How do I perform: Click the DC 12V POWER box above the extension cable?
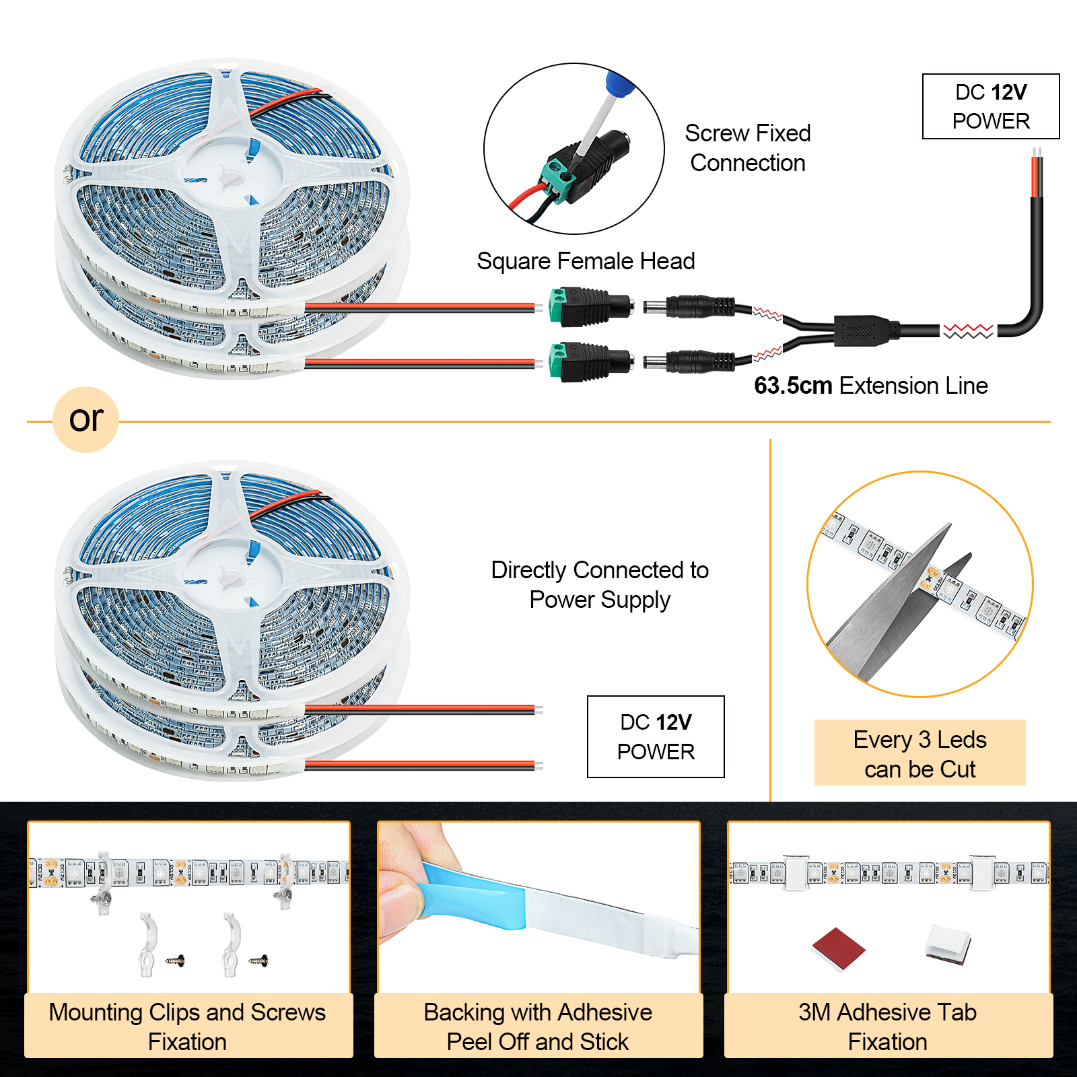[990, 106]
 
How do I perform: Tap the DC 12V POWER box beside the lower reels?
[656, 736]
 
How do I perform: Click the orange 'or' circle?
[86, 419]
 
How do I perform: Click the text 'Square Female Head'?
[586, 261]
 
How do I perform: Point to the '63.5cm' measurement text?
[793, 386]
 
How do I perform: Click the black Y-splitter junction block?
[865, 330]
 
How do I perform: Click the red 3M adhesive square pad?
[838, 947]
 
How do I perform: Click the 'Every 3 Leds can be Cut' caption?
[919, 754]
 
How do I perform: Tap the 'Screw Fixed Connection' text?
[747, 148]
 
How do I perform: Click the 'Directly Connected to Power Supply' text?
[599, 584]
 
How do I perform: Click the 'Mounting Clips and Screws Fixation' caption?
[188, 1027]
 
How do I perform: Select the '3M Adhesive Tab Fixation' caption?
[887, 1027]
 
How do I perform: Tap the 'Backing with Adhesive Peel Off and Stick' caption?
[538, 1027]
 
